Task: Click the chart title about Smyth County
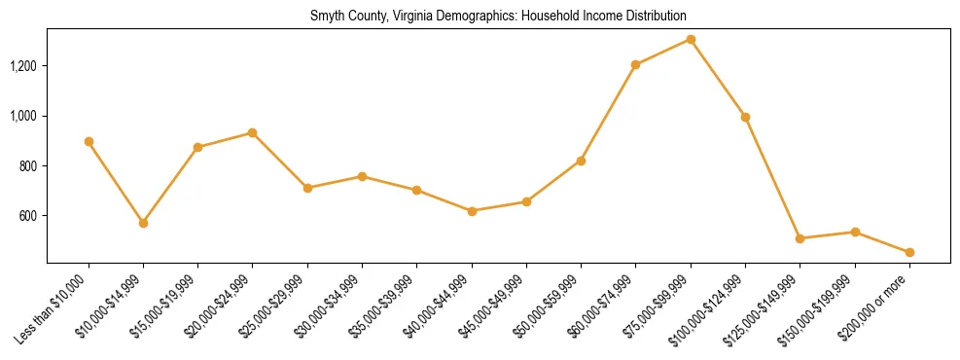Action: [x=498, y=17]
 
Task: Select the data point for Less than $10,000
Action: [x=89, y=141]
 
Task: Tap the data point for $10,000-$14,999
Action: [x=143, y=223]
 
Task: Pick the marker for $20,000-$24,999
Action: [x=253, y=132]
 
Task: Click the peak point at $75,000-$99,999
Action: [x=691, y=39]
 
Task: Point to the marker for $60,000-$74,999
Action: [x=636, y=65]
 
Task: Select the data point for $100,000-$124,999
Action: [x=745, y=117]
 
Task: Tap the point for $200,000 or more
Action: [x=909, y=252]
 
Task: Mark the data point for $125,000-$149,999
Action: [x=800, y=238]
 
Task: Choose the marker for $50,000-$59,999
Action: [x=581, y=161]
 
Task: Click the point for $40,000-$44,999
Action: [x=472, y=211]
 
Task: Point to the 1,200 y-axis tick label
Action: [x=23, y=66]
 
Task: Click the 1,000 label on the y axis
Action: [x=23, y=116]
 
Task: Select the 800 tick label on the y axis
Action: [x=29, y=166]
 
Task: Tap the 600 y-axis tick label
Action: [x=29, y=216]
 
